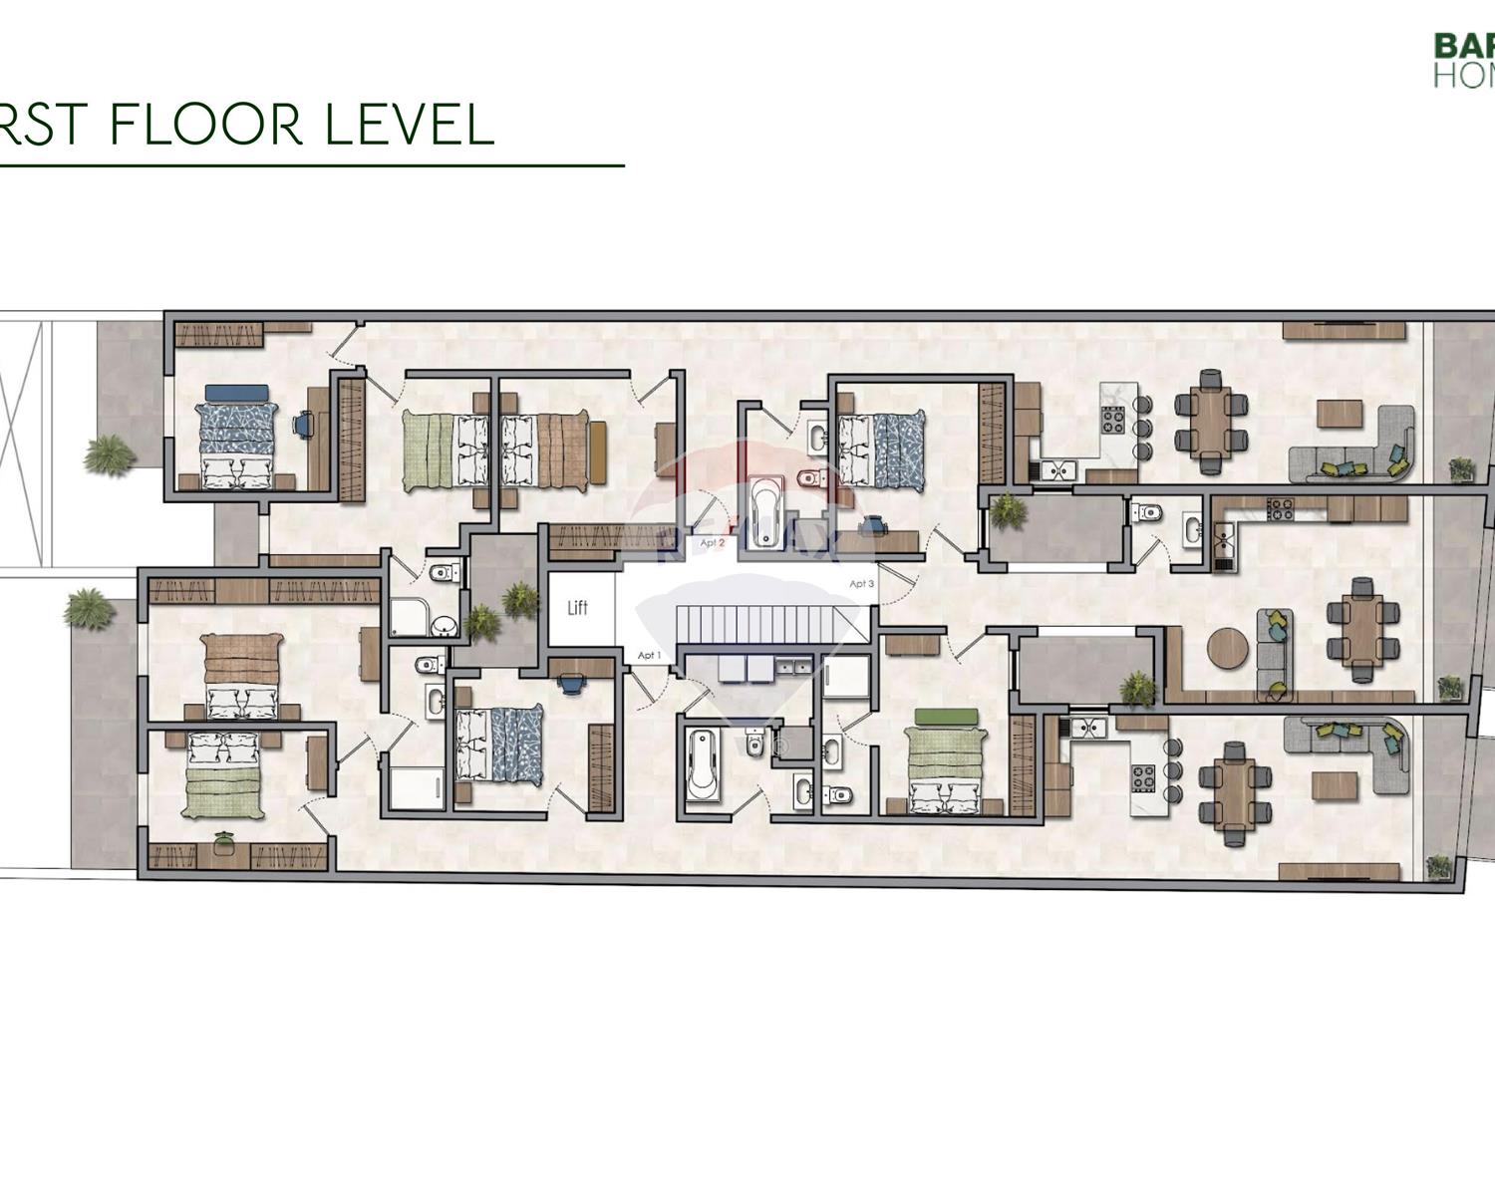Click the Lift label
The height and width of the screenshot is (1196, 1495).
(x=577, y=608)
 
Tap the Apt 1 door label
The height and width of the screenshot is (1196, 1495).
(x=649, y=655)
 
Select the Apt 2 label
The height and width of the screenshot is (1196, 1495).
(x=712, y=543)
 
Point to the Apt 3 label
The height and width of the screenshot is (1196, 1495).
(x=861, y=584)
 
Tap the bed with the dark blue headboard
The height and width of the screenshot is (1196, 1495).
(x=235, y=437)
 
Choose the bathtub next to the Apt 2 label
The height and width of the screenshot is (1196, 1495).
(x=765, y=512)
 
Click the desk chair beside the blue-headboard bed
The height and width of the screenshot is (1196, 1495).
(x=302, y=425)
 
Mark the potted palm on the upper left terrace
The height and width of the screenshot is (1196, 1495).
(x=108, y=454)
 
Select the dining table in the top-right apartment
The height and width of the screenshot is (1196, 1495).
(x=1211, y=420)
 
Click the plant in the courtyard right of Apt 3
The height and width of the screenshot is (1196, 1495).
(x=1008, y=510)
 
